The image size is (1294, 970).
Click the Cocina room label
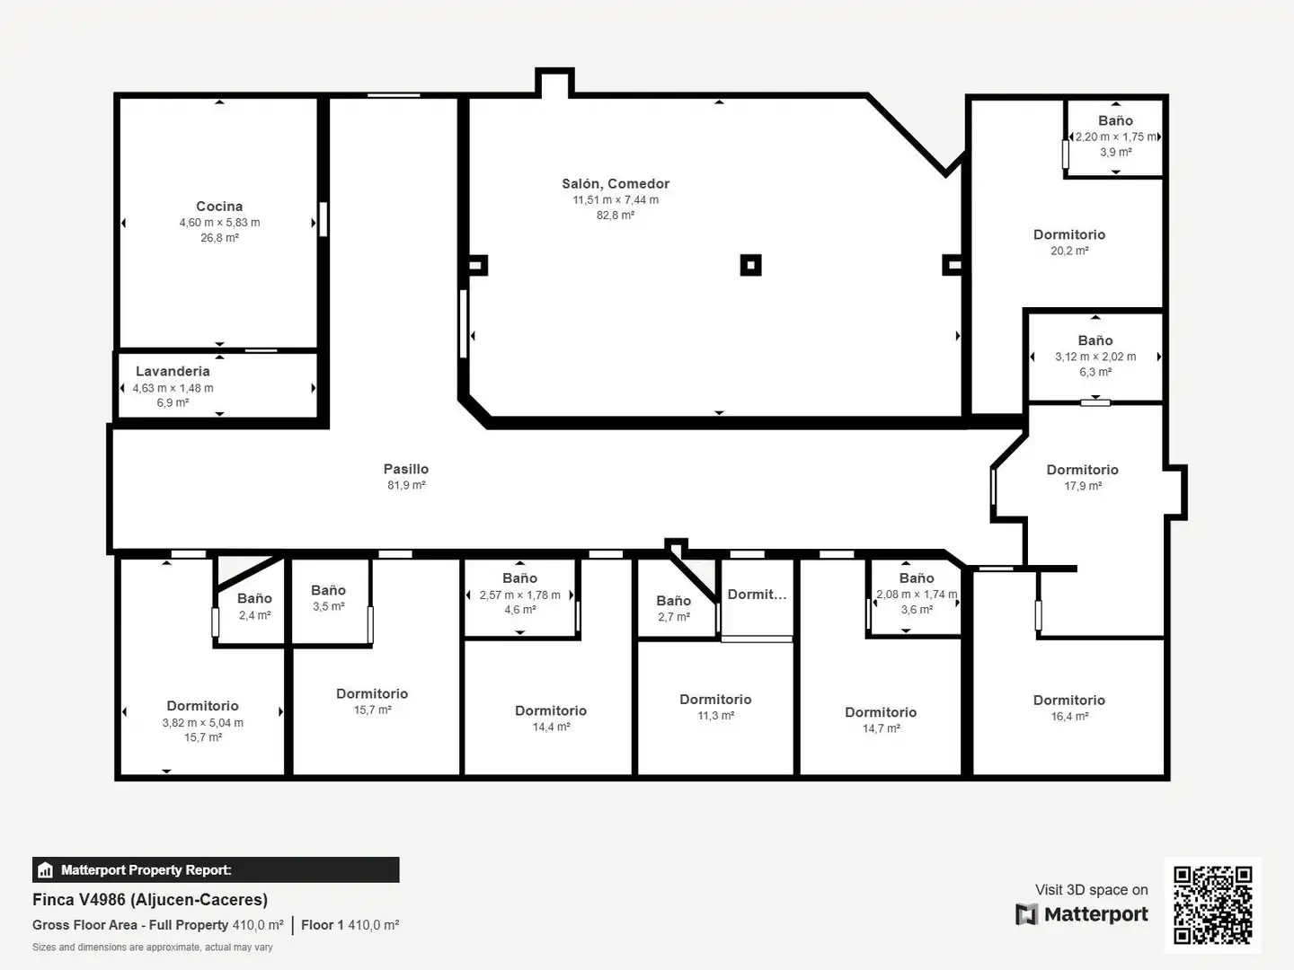tap(219, 207)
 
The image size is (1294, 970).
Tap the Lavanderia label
tap(173, 371)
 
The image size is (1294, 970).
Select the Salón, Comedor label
tap(616, 184)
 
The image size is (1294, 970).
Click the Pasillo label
tap(406, 469)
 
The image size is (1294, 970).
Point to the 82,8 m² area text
tap(616, 215)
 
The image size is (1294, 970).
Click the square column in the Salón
tap(750, 265)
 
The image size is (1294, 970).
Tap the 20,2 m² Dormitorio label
tap(1069, 234)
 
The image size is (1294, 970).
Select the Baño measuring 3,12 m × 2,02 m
tap(1095, 340)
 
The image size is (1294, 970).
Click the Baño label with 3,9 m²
tap(1115, 120)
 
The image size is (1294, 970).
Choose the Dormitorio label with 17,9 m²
tap(1082, 470)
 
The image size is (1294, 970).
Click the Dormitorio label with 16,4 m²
tap(1069, 700)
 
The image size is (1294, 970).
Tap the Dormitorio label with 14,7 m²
tap(881, 712)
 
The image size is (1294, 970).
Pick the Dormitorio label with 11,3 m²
tap(715, 699)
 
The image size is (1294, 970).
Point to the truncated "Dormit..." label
tap(757, 595)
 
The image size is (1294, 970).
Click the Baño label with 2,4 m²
tap(254, 598)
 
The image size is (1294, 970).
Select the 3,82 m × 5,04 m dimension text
tap(203, 723)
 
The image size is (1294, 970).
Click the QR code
tap(1212, 905)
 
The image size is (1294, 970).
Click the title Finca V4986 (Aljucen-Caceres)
tap(150, 900)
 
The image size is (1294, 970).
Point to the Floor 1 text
tap(323, 925)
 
